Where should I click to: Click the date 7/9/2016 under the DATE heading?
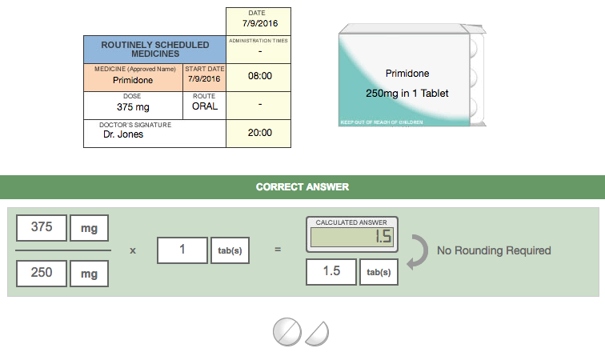coord(260,23)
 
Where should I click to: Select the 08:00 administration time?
coord(260,76)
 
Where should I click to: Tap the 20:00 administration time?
coord(260,133)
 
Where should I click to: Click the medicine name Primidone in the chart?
coord(133,80)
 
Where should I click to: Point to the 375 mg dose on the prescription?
coord(133,107)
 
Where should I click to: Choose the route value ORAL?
coord(205,106)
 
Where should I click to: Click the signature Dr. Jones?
coord(123,134)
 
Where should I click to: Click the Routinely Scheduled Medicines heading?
coord(155,50)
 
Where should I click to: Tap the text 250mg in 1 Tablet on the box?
coord(407,94)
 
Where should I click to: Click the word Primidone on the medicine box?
coord(407,74)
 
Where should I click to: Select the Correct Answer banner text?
coord(302,187)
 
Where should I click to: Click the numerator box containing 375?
coord(42,228)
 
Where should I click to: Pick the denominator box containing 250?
coord(42,273)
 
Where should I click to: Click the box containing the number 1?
coord(182,250)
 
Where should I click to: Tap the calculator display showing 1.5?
coord(352,237)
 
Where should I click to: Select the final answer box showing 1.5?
coord(331,272)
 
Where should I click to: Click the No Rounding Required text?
coord(494,251)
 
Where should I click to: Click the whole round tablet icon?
coord(287,332)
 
